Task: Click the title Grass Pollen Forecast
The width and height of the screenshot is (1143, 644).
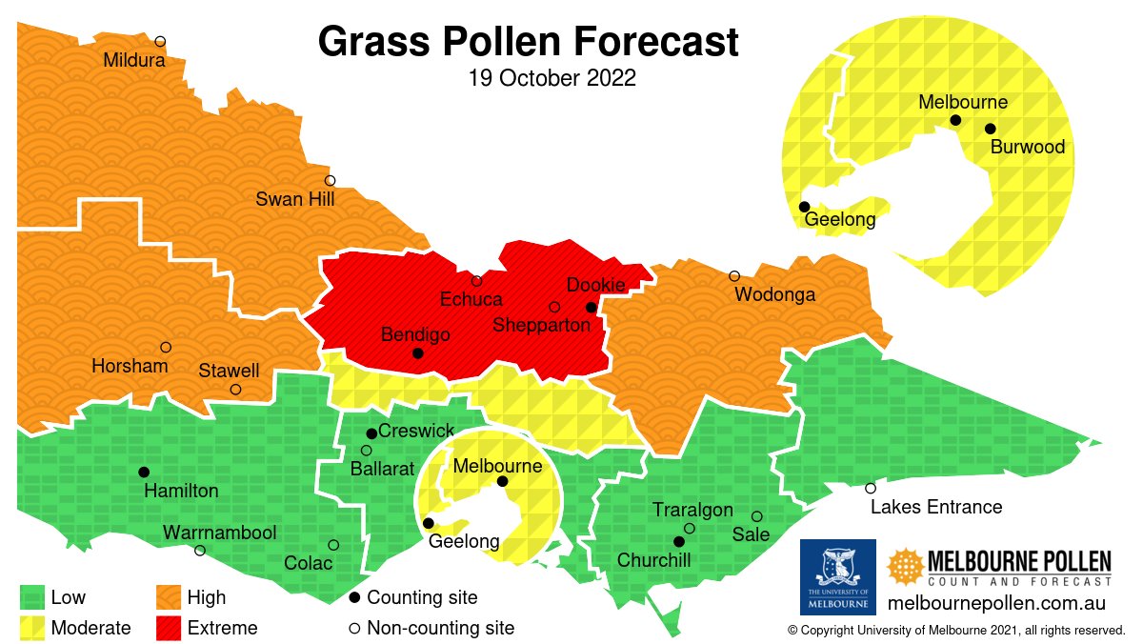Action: click(528, 42)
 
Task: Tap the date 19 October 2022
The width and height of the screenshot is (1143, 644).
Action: click(552, 78)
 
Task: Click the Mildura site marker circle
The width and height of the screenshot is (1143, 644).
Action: click(160, 41)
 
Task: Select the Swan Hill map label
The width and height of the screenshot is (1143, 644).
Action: click(296, 199)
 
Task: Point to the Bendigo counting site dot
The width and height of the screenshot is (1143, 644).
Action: click(417, 353)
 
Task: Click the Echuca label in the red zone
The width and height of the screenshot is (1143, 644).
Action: click(471, 300)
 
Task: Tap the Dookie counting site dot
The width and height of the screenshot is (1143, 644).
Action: click(591, 308)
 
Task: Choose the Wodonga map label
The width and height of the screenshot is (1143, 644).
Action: click(774, 294)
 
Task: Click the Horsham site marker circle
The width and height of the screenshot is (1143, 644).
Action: click(166, 348)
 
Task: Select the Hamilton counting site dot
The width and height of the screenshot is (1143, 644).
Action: click(144, 473)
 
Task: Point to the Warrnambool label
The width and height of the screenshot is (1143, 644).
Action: click(219, 533)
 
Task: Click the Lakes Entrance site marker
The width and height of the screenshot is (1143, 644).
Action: click(871, 488)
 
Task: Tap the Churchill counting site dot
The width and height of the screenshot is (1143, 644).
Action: click(679, 542)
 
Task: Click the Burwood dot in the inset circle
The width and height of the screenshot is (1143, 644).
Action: click(991, 129)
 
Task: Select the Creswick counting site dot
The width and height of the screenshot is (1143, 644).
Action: click(371, 433)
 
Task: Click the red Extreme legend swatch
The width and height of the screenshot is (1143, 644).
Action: click(169, 628)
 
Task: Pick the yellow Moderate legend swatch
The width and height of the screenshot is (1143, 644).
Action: click(32, 628)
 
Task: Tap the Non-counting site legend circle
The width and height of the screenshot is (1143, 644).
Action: click(354, 628)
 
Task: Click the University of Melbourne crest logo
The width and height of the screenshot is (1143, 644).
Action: click(837, 576)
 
